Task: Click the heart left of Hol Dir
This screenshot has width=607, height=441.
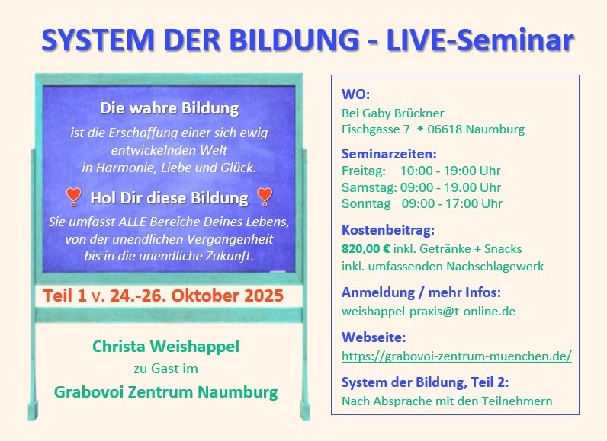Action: pyautogui.click(x=73, y=197)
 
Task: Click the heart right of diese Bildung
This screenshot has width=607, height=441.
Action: pyautogui.click(x=265, y=197)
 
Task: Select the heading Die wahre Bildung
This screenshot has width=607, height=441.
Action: pyautogui.click(x=169, y=108)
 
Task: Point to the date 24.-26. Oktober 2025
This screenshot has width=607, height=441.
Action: pyautogui.click(x=197, y=296)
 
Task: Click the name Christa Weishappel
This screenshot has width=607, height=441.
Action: pyautogui.click(x=165, y=347)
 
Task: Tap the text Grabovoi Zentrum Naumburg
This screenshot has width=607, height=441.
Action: pyautogui.click(x=165, y=392)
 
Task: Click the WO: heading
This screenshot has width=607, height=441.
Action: pyautogui.click(x=355, y=94)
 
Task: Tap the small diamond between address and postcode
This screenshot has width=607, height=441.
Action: pyautogui.click(x=419, y=129)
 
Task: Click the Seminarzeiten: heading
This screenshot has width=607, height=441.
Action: pyautogui.click(x=389, y=154)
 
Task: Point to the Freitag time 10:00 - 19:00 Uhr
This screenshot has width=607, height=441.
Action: pyautogui.click(x=450, y=171)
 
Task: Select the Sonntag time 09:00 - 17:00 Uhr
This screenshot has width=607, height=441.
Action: pyautogui.click(x=451, y=203)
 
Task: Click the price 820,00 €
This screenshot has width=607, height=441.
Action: pyautogui.click(x=366, y=248)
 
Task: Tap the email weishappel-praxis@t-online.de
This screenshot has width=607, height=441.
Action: pyautogui.click(x=429, y=311)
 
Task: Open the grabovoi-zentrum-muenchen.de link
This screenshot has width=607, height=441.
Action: pyautogui.click(x=457, y=356)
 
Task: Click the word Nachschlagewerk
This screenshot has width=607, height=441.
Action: pyautogui.click(x=495, y=267)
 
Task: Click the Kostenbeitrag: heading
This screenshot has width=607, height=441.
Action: pyautogui.click(x=388, y=230)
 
